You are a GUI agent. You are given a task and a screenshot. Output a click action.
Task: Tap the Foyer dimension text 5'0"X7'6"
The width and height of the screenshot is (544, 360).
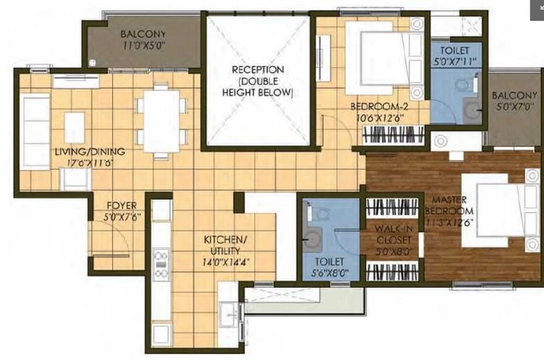(122, 217)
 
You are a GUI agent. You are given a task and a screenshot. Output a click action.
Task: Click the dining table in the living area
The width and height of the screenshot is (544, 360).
(162, 121)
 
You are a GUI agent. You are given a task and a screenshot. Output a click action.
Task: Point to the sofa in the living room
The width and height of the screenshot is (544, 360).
(35, 131)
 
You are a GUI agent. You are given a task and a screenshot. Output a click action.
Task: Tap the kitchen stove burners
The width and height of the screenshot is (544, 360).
(161, 265)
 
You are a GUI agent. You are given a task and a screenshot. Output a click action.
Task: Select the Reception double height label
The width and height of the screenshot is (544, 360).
(258, 81)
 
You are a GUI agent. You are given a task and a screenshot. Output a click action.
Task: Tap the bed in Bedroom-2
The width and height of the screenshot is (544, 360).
(384, 58)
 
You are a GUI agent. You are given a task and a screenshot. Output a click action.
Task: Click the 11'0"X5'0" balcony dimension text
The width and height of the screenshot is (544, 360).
(143, 45)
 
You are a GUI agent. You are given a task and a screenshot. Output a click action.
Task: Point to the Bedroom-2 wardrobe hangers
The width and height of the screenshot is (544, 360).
(394, 135)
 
